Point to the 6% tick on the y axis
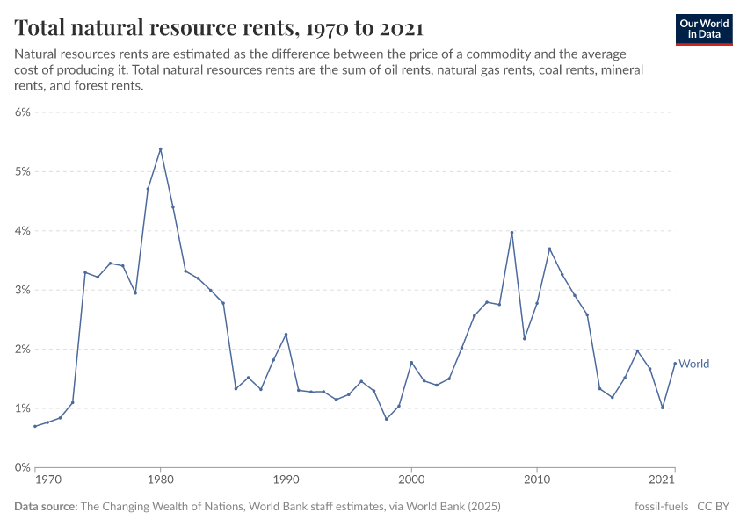coord(22,112)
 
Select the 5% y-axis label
coord(22,171)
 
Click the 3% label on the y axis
coord(22,290)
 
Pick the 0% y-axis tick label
coord(22,467)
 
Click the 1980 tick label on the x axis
coord(160,480)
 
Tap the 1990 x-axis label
coord(286,480)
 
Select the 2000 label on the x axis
coord(411,480)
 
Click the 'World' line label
coord(694,364)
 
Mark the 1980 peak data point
coord(160,148)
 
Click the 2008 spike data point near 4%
coord(511,233)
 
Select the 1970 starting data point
coord(35,426)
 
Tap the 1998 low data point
coord(386,419)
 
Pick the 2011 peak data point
coord(549,249)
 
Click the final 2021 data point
coord(675,363)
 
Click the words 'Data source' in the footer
coord(46,507)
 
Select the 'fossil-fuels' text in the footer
coord(662,507)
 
